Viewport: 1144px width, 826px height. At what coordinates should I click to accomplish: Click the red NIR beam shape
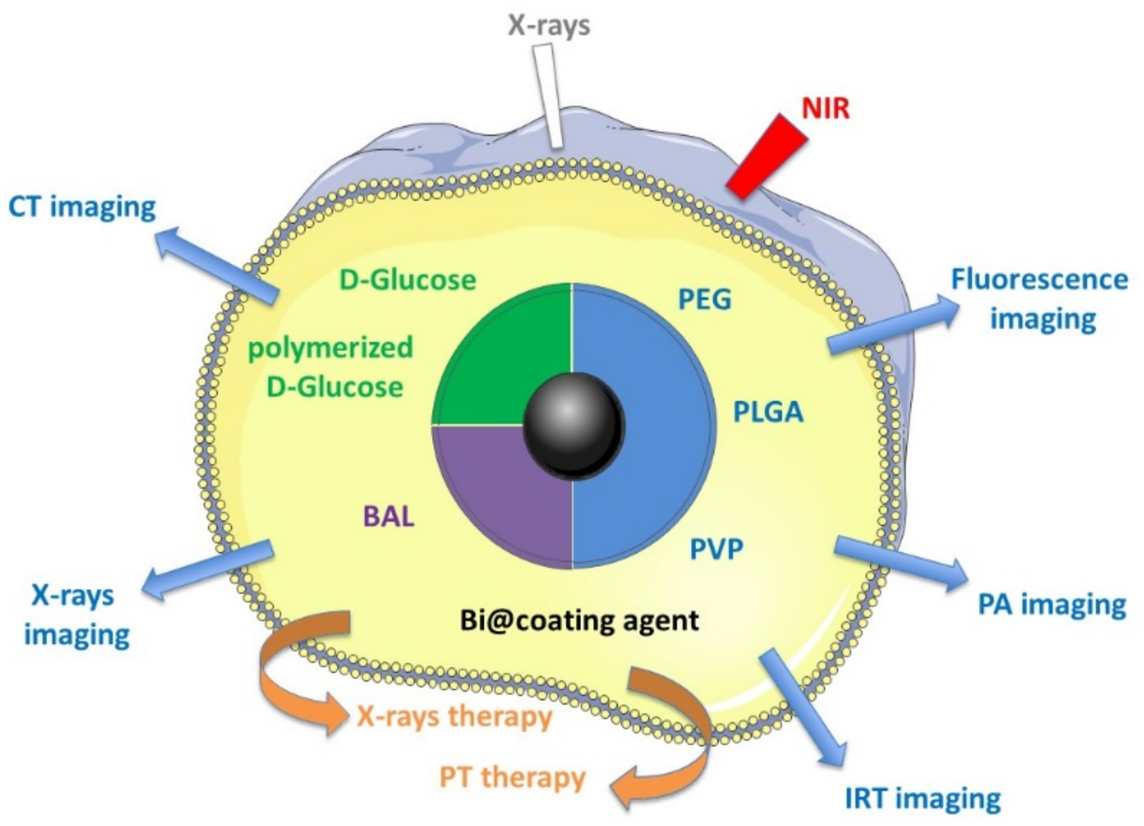click(x=766, y=157)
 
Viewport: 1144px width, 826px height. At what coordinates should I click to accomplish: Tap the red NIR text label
click(x=825, y=109)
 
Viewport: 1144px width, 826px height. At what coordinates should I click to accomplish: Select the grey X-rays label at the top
click(x=549, y=25)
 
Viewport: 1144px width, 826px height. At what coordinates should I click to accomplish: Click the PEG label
click(x=704, y=300)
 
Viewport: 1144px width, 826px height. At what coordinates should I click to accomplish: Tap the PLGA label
click(x=768, y=412)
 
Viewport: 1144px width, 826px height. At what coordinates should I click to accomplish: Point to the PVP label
click(x=716, y=549)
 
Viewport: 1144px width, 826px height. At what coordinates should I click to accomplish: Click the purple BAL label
click(x=388, y=516)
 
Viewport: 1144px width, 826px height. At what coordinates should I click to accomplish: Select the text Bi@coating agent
click(x=579, y=620)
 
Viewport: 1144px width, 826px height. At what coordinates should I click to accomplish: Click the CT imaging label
click(x=82, y=206)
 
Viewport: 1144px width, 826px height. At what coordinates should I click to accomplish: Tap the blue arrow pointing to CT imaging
click(x=217, y=265)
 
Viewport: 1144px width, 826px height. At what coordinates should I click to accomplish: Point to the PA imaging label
click(x=1051, y=605)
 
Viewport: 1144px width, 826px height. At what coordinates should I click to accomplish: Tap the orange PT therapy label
click(x=512, y=777)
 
